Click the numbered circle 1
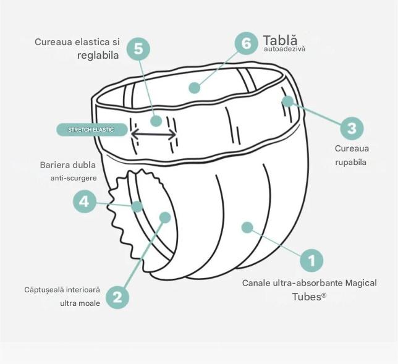coord(311,260)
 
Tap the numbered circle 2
coord(117,297)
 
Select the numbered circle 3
coord(352,128)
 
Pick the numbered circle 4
coord(85,202)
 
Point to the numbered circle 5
coord(138,48)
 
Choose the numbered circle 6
coord(246,43)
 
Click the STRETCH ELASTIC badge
coord(91,130)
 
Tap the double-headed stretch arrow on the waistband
coord(153,134)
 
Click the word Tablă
coord(280,40)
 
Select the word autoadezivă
coord(284,49)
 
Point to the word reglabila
coord(98,55)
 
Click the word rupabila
coord(350,162)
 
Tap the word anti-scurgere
coord(74,178)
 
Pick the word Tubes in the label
coord(307,297)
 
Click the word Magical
coord(361,283)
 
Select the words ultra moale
coord(80,303)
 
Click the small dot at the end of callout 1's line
coord(247,227)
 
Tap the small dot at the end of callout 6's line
coord(195,88)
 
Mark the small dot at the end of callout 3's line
coord(287,101)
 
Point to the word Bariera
coord(54,165)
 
